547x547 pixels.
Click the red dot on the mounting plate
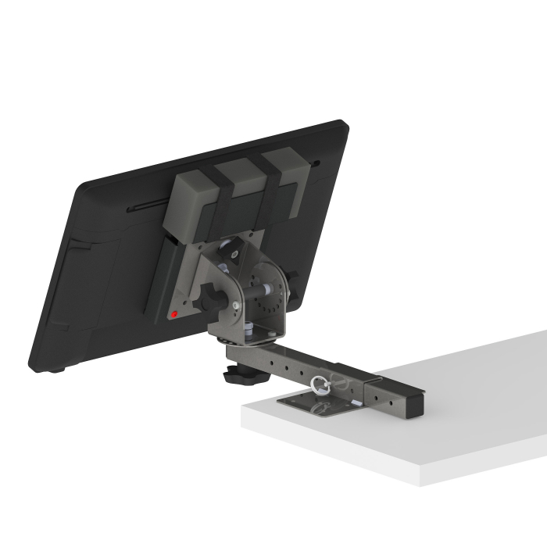[174, 315]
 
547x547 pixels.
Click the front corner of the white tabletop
[421, 482]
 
